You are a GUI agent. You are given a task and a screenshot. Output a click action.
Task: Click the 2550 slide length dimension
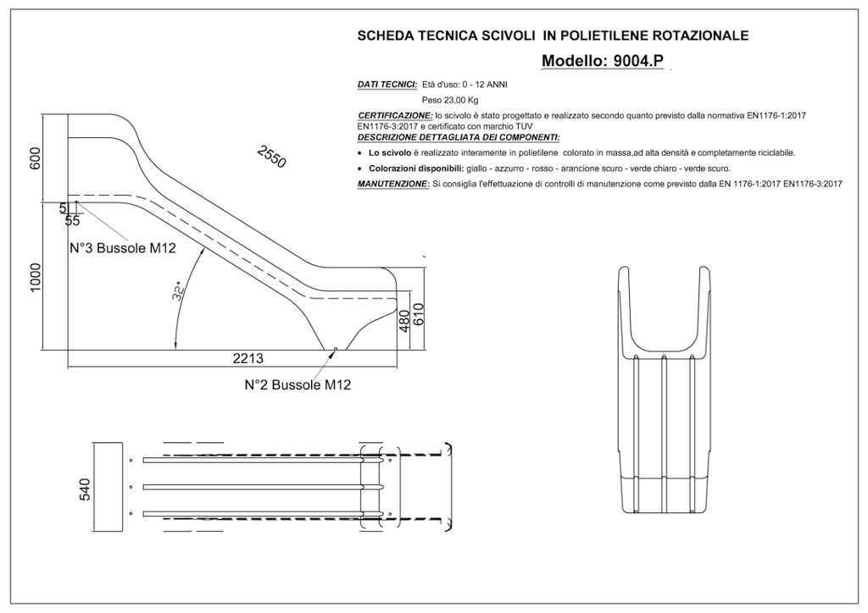pyautogui.click(x=271, y=157)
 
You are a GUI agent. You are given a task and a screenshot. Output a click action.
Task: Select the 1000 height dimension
pyautogui.click(x=36, y=277)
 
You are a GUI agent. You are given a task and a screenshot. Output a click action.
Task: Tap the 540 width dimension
pyautogui.click(x=84, y=489)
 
